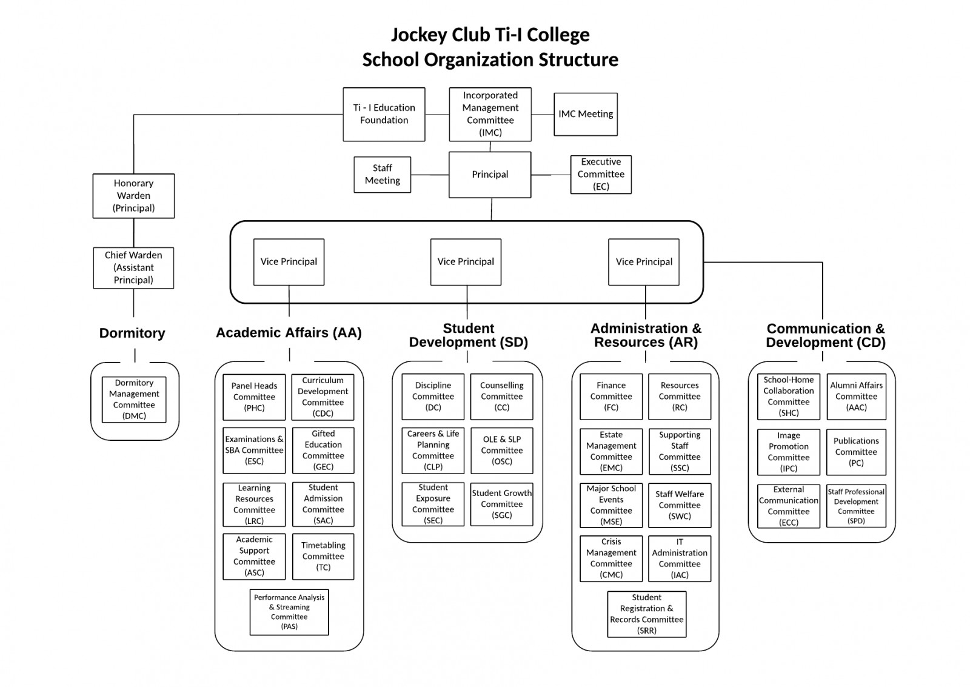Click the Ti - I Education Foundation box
pyautogui.click(x=384, y=114)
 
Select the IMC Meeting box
pyautogui.click(x=585, y=114)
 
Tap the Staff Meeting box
pyautogui.click(x=382, y=175)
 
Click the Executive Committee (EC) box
pyautogui.click(x=600, y=175)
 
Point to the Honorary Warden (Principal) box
pyautogui.click(x=133, y=196)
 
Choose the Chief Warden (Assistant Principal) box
pyautogui.click(x=133, y=267)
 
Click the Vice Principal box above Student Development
pyautogui.click(x=466, y=262)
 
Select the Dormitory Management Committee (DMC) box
pyautogui.click(x=134, y=400)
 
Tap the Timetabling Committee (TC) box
pyautogui.click(x=323, y=557)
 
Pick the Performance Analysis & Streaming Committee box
pyautogui.click(x=289, y=612)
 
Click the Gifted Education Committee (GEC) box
pyautogui.click(x=323, y=451)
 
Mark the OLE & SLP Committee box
pyautogui.click(x=501, y=451)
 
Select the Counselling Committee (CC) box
pyautogui.click(x=501, y=397)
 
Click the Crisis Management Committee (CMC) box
pyautogui.click(x=610, y=558)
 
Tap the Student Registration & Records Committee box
pyautogui.click(x=646, y=614)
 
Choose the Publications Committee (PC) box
pyautogui.click(x=855, y=452)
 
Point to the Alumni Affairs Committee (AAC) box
pyautogui.click(x=856, y=397)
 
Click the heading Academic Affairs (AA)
pyautogui.click(x=289, y=333)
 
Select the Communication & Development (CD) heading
pyautogui.click(x=825, y=335)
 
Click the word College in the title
pyautogui.click(x=558, y=35)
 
